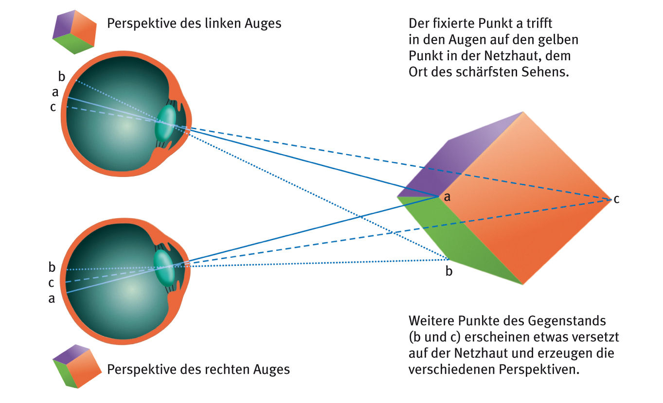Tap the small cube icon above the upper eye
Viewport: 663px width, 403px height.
74,33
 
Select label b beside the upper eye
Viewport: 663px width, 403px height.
62,76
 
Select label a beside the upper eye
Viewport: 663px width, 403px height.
55,92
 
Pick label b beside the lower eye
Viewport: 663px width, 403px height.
52,266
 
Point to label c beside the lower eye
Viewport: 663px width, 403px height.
51,283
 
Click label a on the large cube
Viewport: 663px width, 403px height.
447,197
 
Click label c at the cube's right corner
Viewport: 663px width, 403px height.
616,199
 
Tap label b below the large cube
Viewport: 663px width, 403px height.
449,271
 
